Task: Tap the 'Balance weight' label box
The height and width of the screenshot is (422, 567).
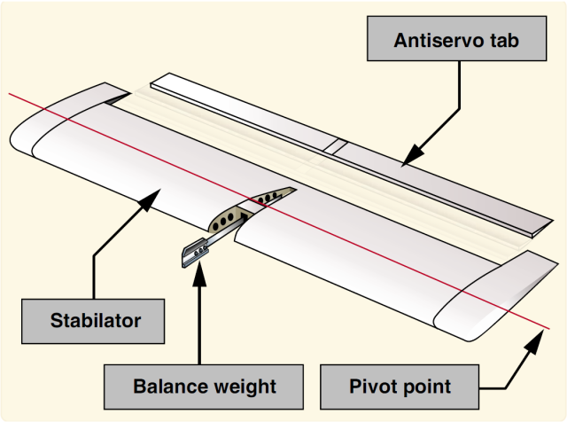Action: [x=204, y=387]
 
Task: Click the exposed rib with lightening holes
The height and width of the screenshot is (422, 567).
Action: [x=252, y=209]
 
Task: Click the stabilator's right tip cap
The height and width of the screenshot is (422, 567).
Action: [x=496, y=301]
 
